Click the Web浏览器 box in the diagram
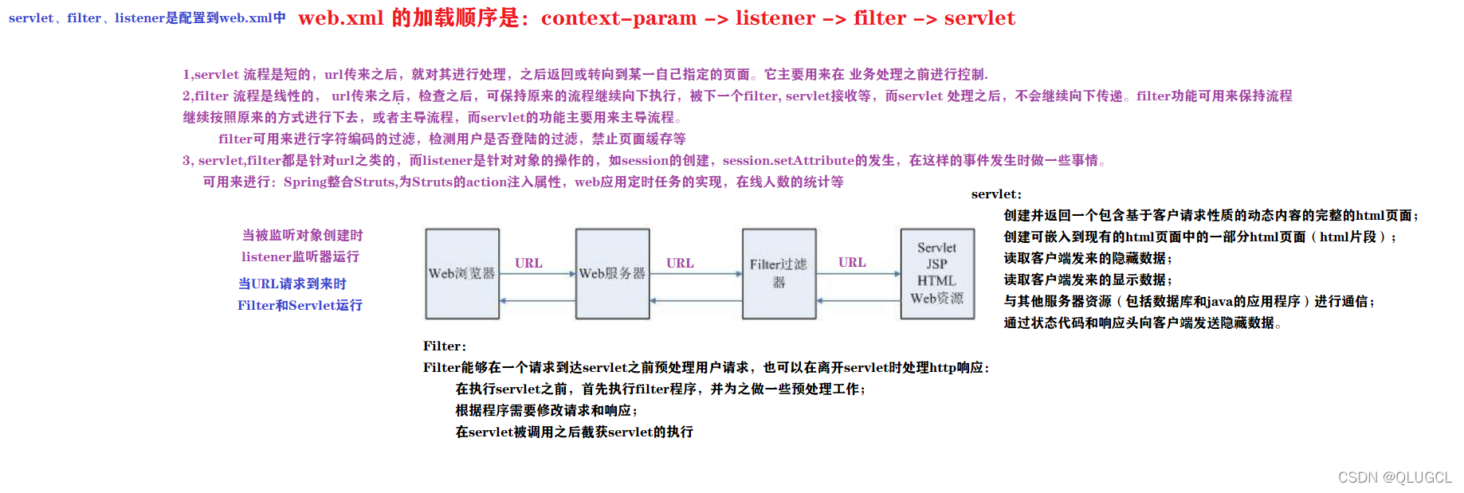pos(462,274)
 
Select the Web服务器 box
pos(612,274)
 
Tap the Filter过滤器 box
pos(779,274)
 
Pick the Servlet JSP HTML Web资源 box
pos(937,274)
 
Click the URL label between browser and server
pos(528,263)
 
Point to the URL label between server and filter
pos(680,263)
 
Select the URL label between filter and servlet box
pos(852,262)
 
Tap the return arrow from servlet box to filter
pos(858,301)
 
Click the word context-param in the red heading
pos(618,18)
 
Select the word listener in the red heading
pos(775,18)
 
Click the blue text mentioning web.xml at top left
pos(147,18)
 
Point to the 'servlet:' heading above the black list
pos(996,194)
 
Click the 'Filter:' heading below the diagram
pos(445,346)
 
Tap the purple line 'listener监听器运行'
pos(300,257)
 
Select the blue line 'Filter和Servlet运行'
pos(300,306)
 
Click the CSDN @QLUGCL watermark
pos(1395,477)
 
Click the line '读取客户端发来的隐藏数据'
pos(1088,259)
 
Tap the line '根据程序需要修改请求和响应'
pos(546,411)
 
